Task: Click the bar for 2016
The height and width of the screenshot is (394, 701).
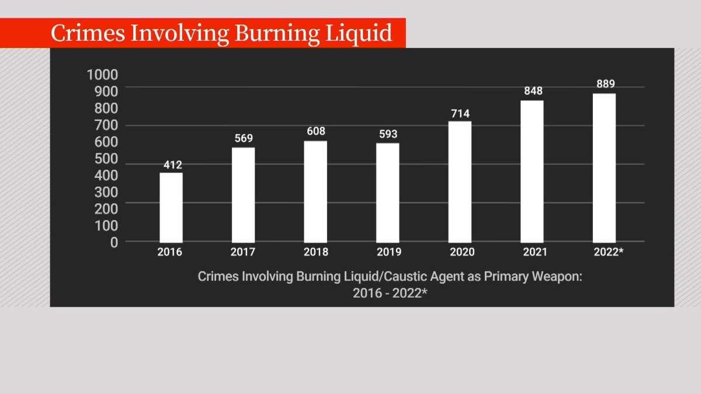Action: pos(171,207)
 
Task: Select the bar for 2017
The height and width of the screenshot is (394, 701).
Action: pos(243,195)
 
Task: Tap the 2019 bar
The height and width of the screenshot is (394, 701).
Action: pos(387,193)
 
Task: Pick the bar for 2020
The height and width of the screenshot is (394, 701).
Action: pos(460,182)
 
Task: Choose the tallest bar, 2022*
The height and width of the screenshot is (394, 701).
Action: pos(604,168)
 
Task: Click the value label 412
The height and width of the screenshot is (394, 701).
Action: pos(172,165)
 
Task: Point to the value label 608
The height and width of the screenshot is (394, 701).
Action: pos(316,131)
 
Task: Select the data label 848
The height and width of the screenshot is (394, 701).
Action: pos(533,90)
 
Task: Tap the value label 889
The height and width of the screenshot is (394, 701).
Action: pos(605,83)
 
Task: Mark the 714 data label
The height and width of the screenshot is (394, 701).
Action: pos(460,113)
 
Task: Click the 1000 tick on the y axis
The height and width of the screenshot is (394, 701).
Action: pos(102,75)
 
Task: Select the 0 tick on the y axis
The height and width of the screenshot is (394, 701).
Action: pos(114,242)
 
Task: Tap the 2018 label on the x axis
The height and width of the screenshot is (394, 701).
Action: pos(316,252)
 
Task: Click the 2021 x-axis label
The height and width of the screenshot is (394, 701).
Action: pos(535,252)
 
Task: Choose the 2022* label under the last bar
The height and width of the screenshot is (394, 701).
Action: pos(608,252)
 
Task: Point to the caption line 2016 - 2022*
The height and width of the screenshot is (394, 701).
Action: pos(390,293)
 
